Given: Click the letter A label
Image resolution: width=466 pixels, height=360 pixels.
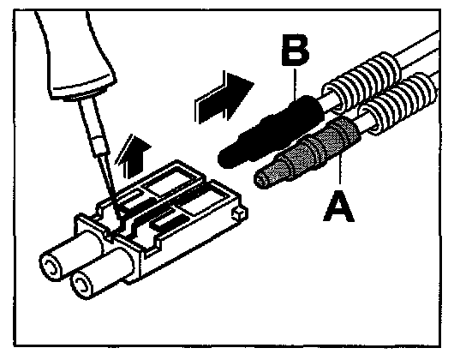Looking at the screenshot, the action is pyautogui.click(x=338, y=206).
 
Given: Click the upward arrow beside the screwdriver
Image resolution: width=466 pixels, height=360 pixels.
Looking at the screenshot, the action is pyautogui.click(x=134, y=155).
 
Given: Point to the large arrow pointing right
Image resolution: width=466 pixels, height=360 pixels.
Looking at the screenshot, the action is pyautogui.click(x=224, y=97).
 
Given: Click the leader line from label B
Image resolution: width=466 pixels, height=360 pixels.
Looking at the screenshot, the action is pyautogui.click(x=296, y=84).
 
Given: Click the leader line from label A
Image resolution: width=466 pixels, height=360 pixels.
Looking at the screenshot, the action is pyautogui.click(x=341, y=170).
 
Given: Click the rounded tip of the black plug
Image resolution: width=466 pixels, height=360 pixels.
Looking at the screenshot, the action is pyautogui.click(x=224, y=158).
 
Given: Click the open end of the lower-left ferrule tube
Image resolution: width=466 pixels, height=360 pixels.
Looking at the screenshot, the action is pyautogui.click(x=81, y=285).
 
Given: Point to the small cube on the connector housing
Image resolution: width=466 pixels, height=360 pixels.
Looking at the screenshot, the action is pyautogui.click(x=240, y=213).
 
